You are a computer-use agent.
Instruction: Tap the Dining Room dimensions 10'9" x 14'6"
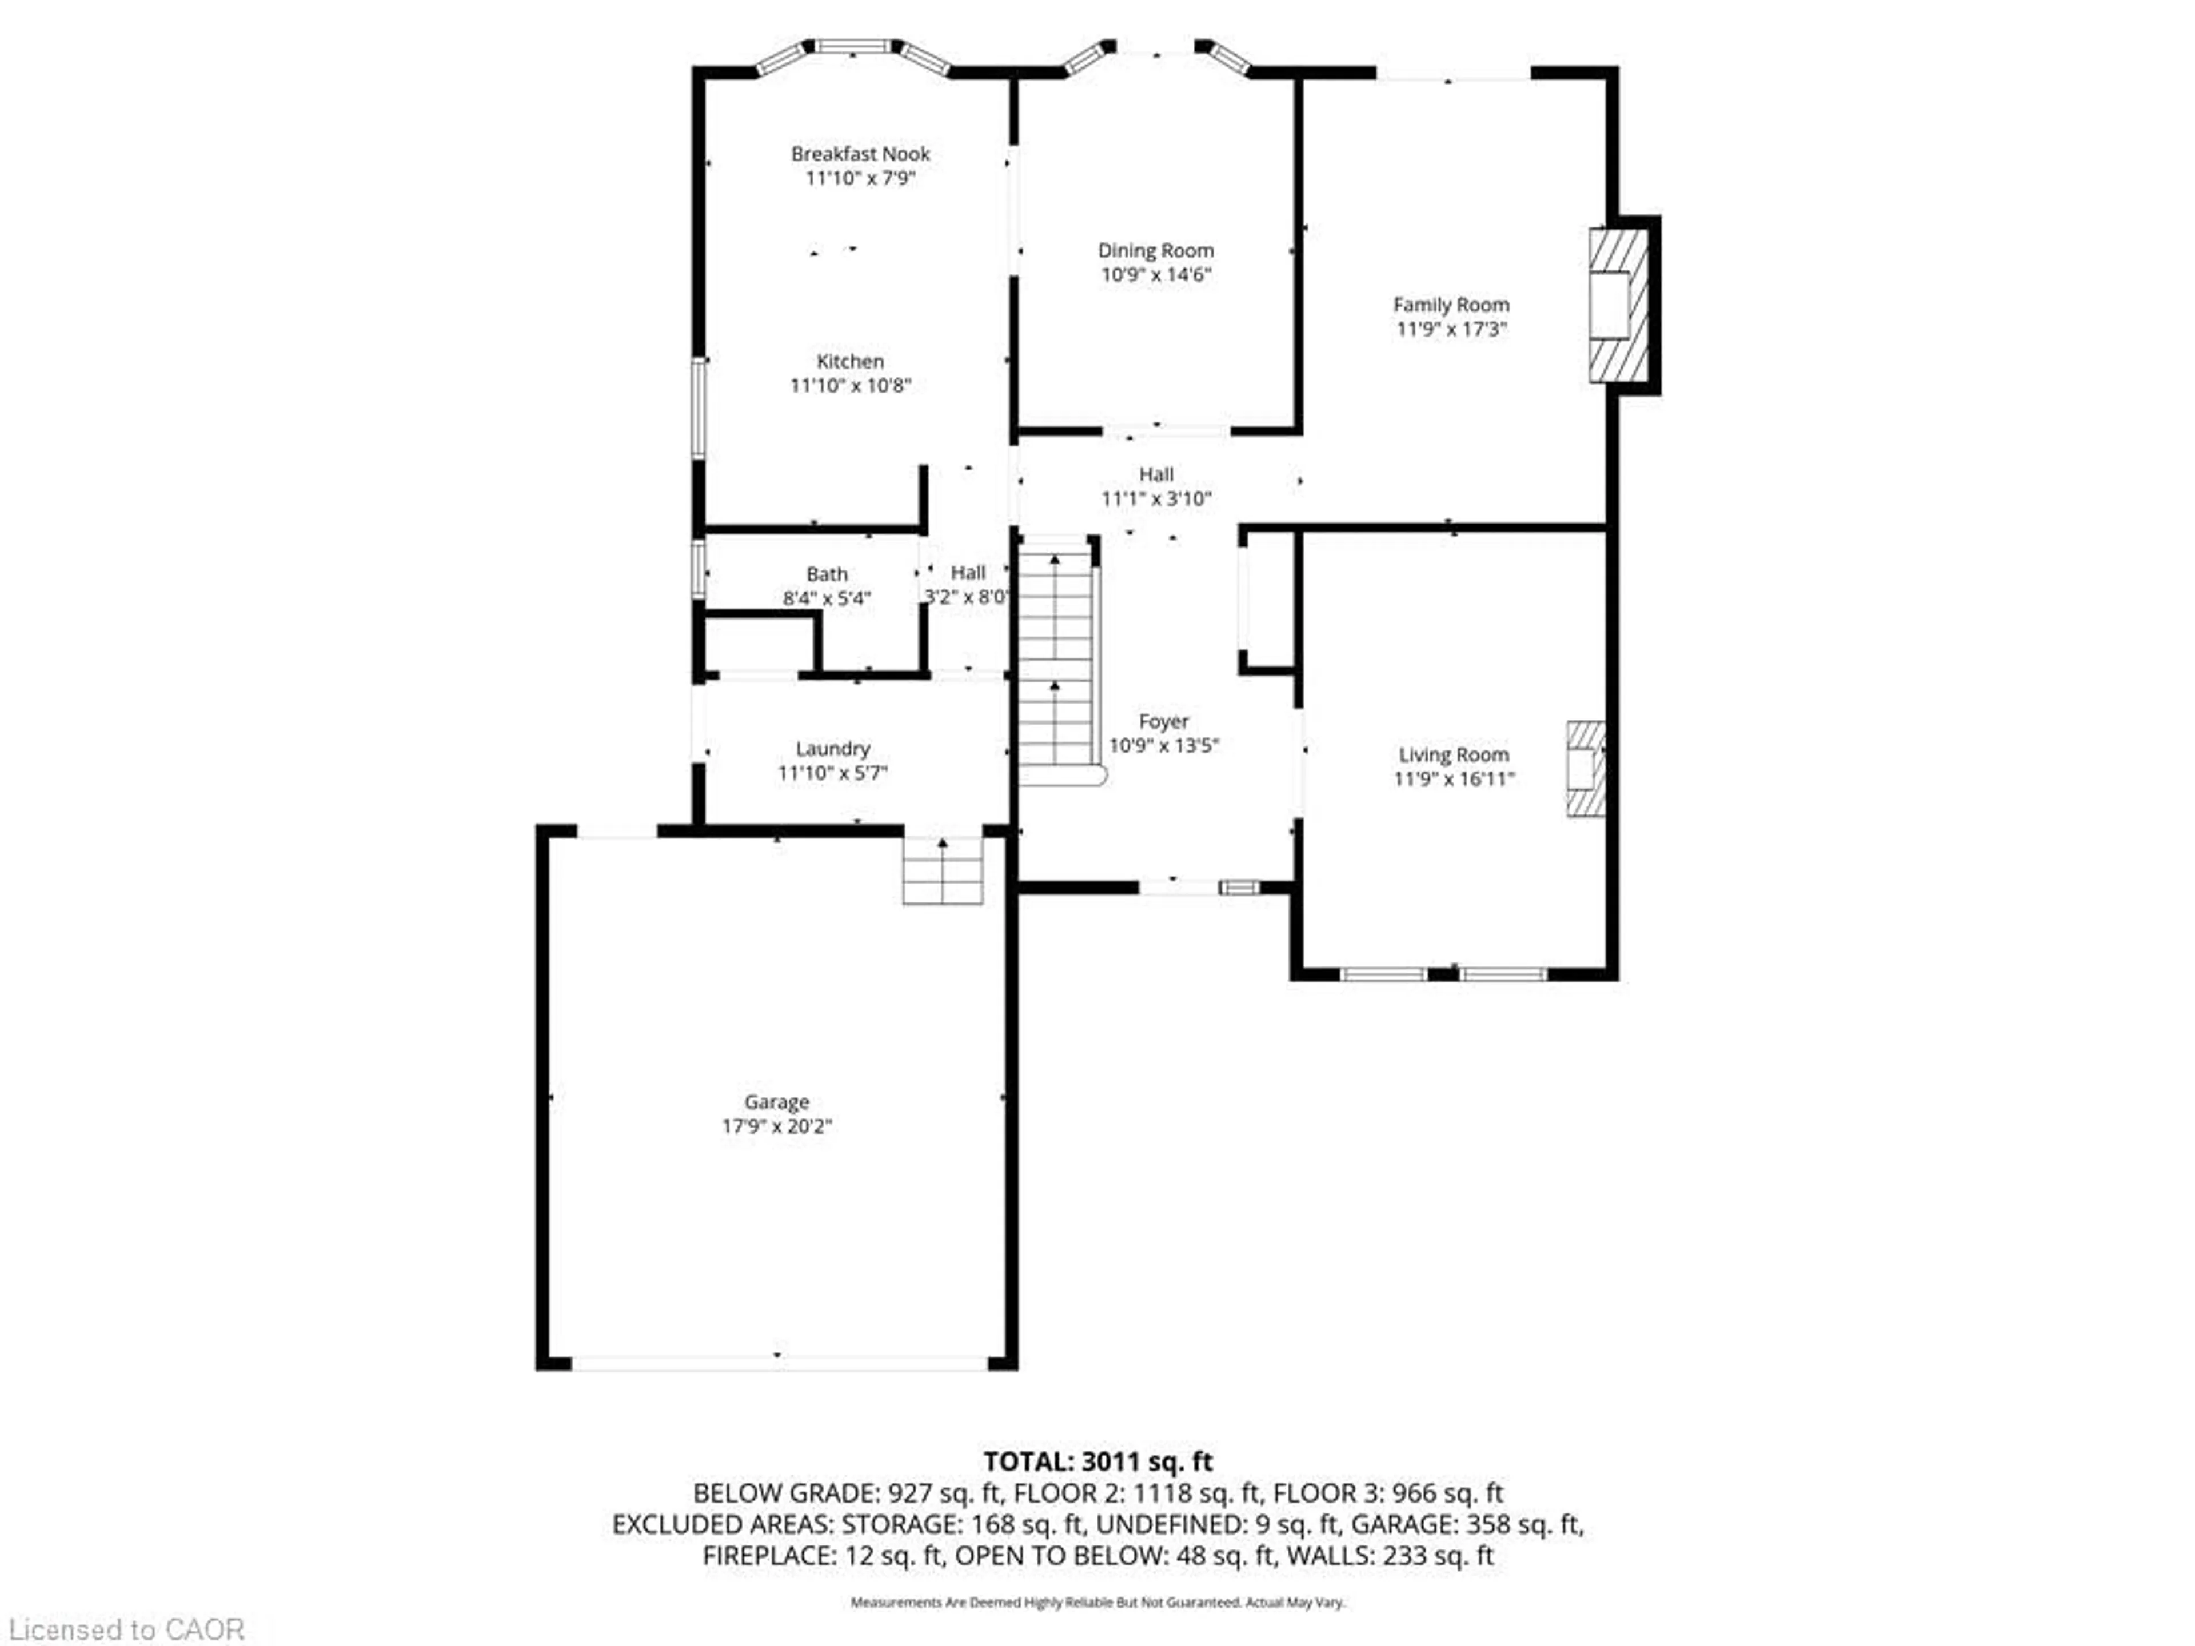tap(1155, 275)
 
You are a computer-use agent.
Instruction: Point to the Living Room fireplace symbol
tap(1585, 768)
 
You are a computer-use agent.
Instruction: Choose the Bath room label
tap(827, 574)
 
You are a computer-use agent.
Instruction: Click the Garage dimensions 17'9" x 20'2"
tap(776, 1126)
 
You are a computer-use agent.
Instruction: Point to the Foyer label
tap(1163, 721)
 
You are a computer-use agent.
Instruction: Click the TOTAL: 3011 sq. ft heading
tap(1097, 1461)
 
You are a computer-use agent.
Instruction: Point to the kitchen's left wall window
tap(699, 407)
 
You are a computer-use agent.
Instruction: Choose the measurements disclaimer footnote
tap(1097, 1603)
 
